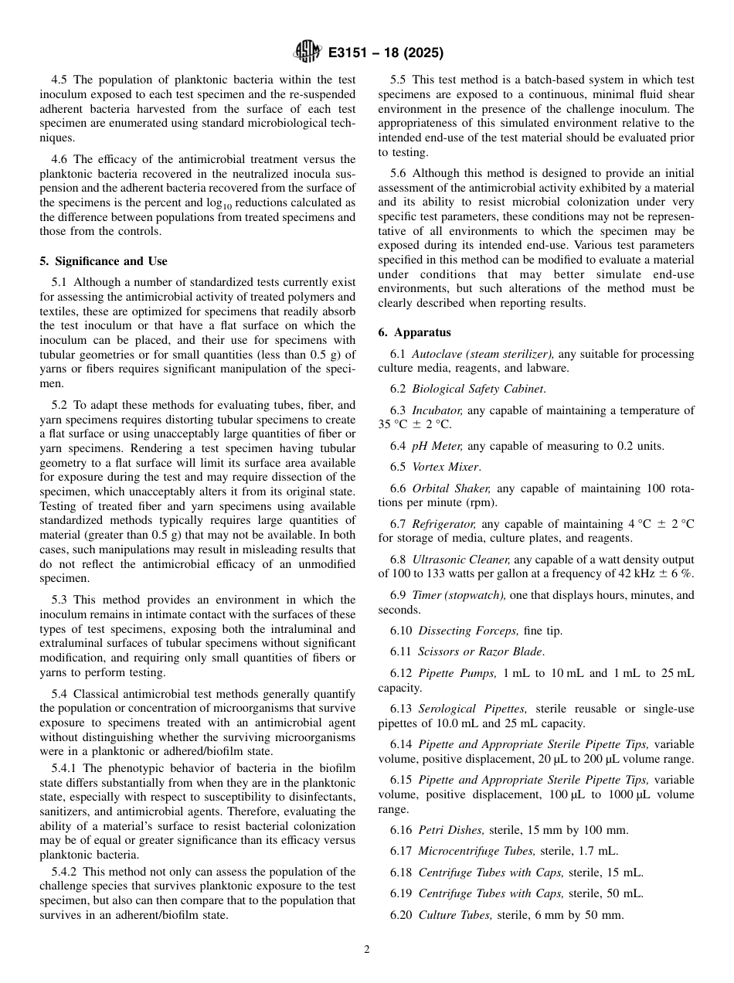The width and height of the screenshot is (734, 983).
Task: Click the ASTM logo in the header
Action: click(308, 53)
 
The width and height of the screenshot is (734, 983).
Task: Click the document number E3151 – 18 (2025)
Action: click(386, 53)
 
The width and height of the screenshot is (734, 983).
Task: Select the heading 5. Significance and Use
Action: click(104, 261)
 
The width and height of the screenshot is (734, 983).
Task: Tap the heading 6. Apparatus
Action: click(414, 332)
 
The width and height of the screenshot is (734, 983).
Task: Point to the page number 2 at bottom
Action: click(367, 950)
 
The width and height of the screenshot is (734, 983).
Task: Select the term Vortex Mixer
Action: click(444, 467)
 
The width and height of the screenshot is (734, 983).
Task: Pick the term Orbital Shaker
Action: click(451, 488)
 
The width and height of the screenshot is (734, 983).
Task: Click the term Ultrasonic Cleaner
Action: click(460, 559)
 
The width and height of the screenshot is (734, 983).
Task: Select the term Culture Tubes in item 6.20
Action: click(454, 915)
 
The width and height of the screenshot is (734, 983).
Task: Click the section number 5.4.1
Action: click(66, 768)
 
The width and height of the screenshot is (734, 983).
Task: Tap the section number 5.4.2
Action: click(66, 872)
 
